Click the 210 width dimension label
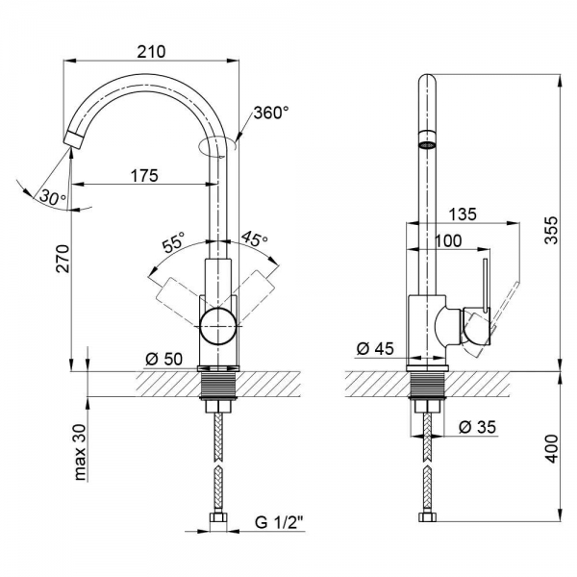[x=151, y=52]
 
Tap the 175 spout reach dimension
[x=144, y=176]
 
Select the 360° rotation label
[x=271, y=113]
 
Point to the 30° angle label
[x=53, y=197]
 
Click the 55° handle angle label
[x=173, y=241]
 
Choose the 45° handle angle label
[x=254, y=238]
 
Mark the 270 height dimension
[x=63, y=259]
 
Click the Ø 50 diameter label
[x=164, y=359]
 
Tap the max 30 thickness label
[x=80, y=452]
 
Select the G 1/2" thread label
[x=279, y=522]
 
